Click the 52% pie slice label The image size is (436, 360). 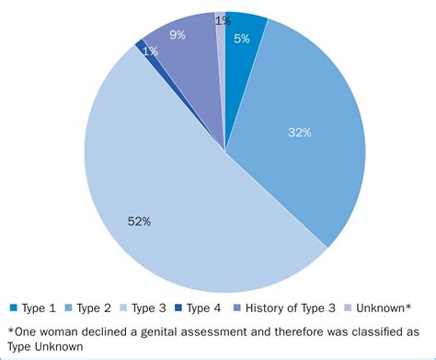140,221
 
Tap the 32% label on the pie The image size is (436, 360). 299,133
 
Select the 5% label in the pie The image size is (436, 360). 241,39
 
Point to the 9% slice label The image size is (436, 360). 178,35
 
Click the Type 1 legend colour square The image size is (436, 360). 14,308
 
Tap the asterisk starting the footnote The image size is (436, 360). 10,330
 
